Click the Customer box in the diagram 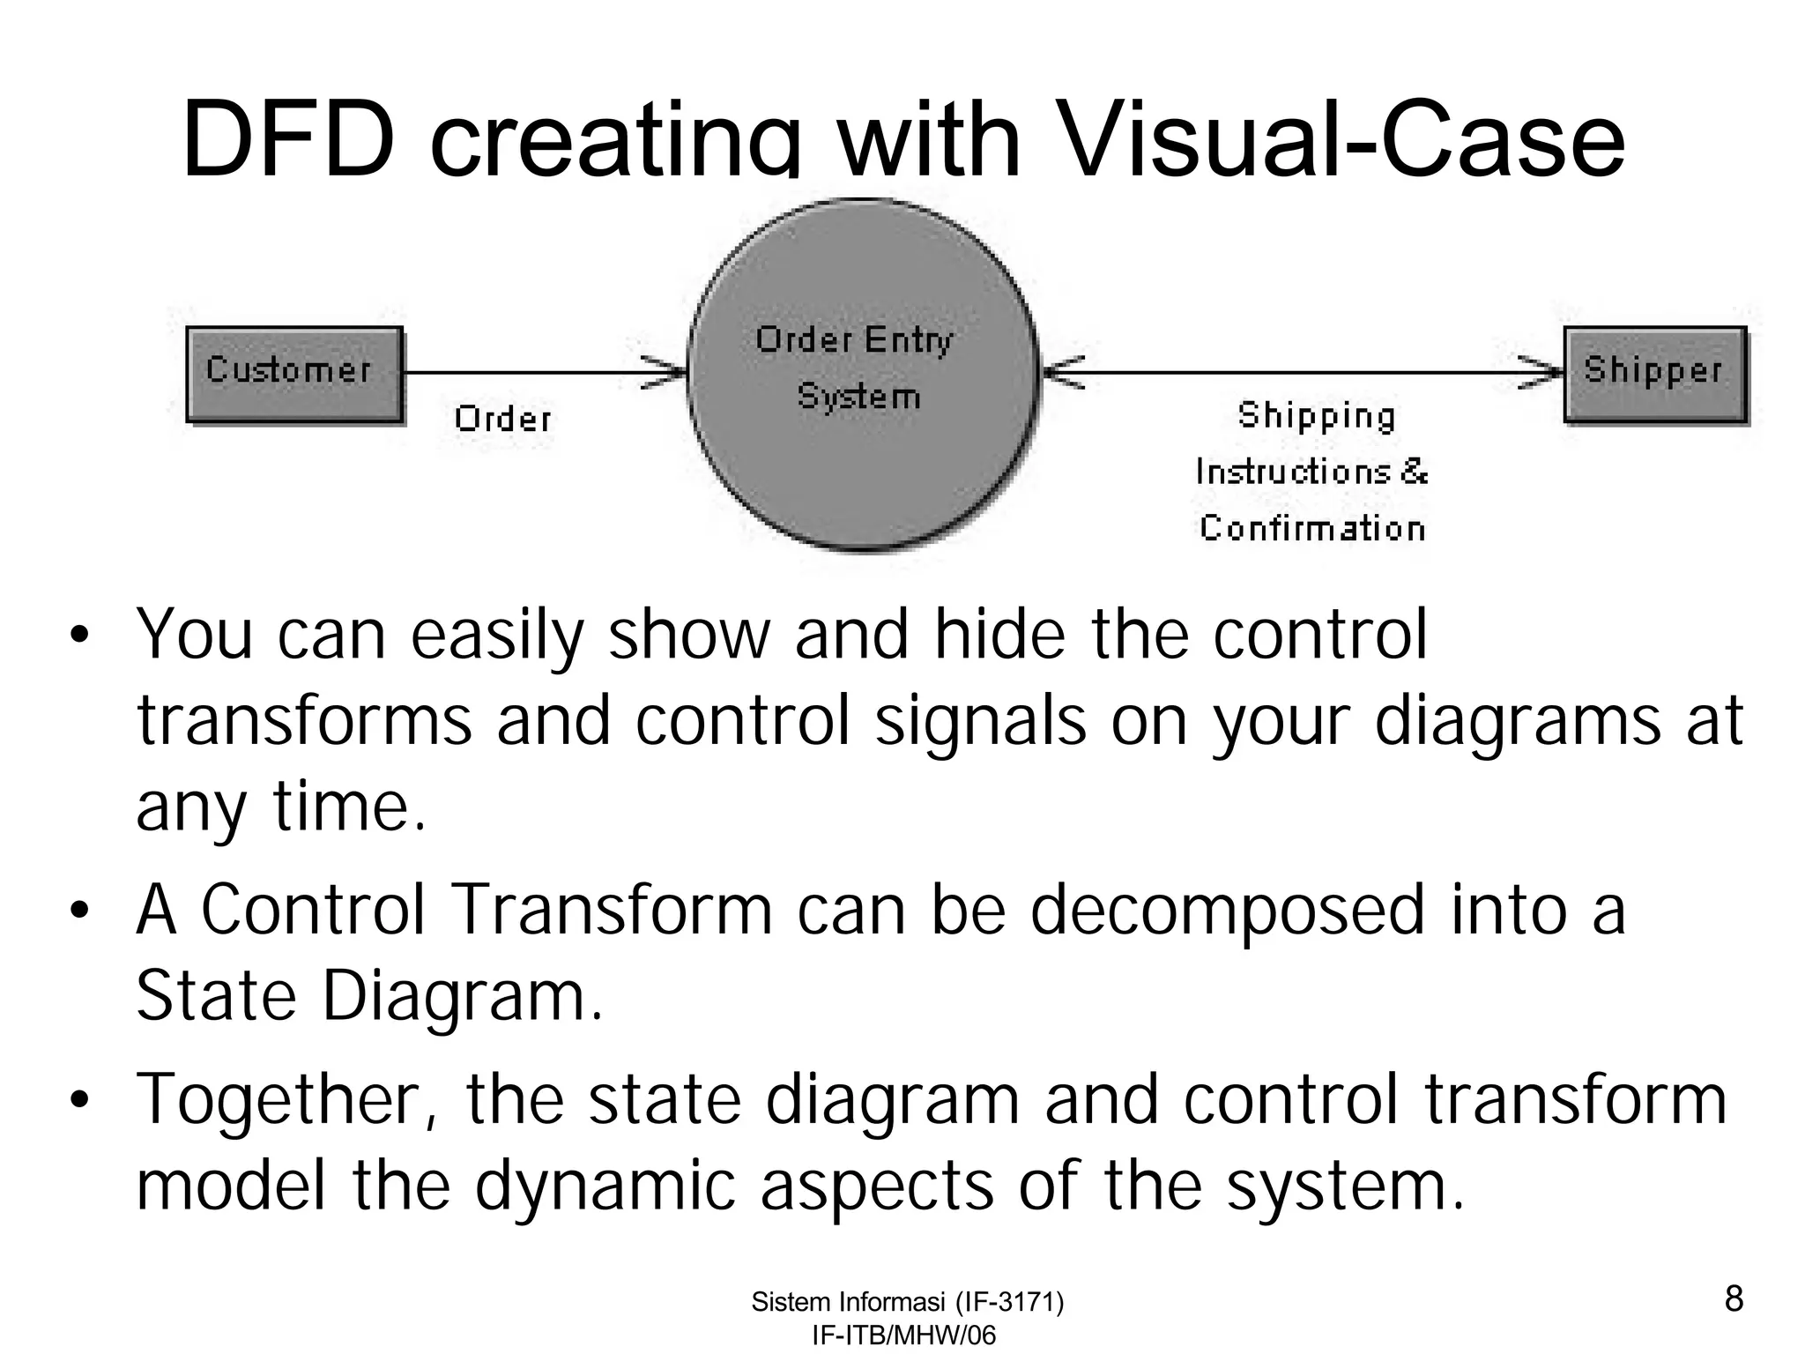click(x=293, y=374)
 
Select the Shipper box click(x=1654, y=374)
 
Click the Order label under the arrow click(x=503, y=419)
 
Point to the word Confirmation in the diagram click(x=1312, y=528)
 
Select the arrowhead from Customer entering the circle click(x=665, y=372)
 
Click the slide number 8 click(x=1733, y=1298)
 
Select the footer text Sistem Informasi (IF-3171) click(x=907, y=1302)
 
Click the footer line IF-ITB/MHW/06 click(x=903, y=1335)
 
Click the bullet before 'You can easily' click(x=80, y=636)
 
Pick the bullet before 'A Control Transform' click(x=80, y=911)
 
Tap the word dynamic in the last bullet click(x=605, y=1186)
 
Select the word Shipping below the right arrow click(x=1316, y=415)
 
